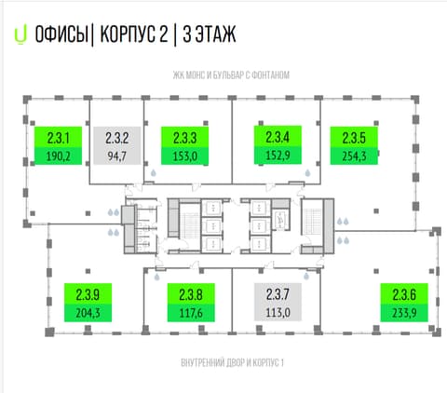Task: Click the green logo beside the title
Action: pos(20,34)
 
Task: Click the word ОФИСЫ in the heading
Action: pos(61,34)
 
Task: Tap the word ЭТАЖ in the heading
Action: pos(215,34)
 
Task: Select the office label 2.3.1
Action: pos(58,138)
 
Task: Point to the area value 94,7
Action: pos(117,156)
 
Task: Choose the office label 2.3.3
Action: pos(184,138)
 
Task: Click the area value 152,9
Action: pos(278,156)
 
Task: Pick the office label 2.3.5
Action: pos(354,138)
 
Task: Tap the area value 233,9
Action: pos(404,313)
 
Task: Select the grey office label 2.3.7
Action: pos(278,294)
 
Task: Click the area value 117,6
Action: pos(191,313)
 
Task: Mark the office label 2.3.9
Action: pos(88,294)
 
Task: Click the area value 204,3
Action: pos(88,313)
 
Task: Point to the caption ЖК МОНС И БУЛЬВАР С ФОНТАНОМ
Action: pos(231,75)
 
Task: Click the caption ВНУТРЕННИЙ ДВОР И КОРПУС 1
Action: pos(232,362)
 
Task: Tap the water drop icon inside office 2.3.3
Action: pos(154,173)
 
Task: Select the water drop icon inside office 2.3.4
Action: pos(307,173)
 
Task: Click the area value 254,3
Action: pos(354,156)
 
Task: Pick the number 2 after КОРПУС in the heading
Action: pos(164,34)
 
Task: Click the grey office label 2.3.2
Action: pos(117,138)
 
